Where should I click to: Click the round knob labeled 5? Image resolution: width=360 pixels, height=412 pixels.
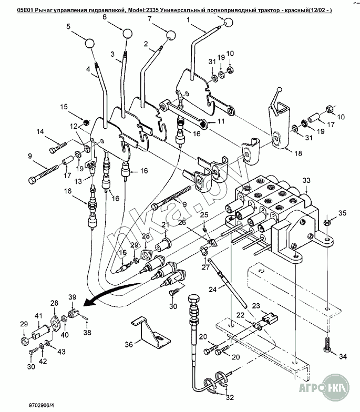(x=89, y=43)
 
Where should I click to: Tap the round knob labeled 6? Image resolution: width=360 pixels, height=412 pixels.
(x=127, y=33)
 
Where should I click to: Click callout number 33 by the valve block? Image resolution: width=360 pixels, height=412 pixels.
(x=306, y=180)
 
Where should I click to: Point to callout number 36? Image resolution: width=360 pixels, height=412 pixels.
(x=129, y=344)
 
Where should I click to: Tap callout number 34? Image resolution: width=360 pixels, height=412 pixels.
(x=343, y=356)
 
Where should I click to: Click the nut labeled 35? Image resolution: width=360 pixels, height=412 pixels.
(x=327, y=223)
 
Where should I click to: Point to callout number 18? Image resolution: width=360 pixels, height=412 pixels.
(x=299, y=153)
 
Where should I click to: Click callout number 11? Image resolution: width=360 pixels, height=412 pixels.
(x=221, y=121)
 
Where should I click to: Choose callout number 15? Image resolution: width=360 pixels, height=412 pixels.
(x=64, y=107)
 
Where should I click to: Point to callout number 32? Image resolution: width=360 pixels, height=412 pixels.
(x=230, y=397)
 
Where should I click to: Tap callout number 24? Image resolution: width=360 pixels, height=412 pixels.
(x=213, y=289)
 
